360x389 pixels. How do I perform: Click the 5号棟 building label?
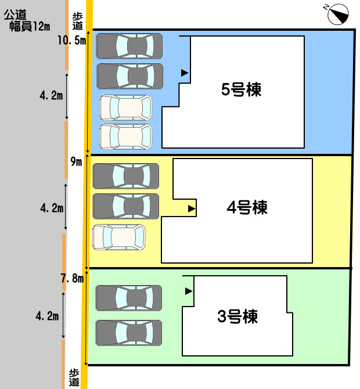point(241,90)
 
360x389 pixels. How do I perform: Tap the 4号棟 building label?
point(247,207)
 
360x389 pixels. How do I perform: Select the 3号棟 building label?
point(237,317)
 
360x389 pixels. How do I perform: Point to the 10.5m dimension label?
point(71,40)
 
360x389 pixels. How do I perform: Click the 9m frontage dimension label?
point(76,161)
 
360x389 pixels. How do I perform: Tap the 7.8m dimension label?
point(72,279)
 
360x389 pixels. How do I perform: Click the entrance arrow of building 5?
point(185,73)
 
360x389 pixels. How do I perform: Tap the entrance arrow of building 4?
point(192,207)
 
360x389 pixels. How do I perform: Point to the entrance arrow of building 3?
point(188,291)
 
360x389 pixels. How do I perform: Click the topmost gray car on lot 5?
point(129,46)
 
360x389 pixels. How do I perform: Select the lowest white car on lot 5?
point(125,136)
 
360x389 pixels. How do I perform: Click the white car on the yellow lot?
point(118,237)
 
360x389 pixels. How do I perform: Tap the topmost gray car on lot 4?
point(125,176)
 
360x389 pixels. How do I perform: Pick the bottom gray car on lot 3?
point(128,333)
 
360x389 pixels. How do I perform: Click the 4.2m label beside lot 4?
point(51,207)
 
